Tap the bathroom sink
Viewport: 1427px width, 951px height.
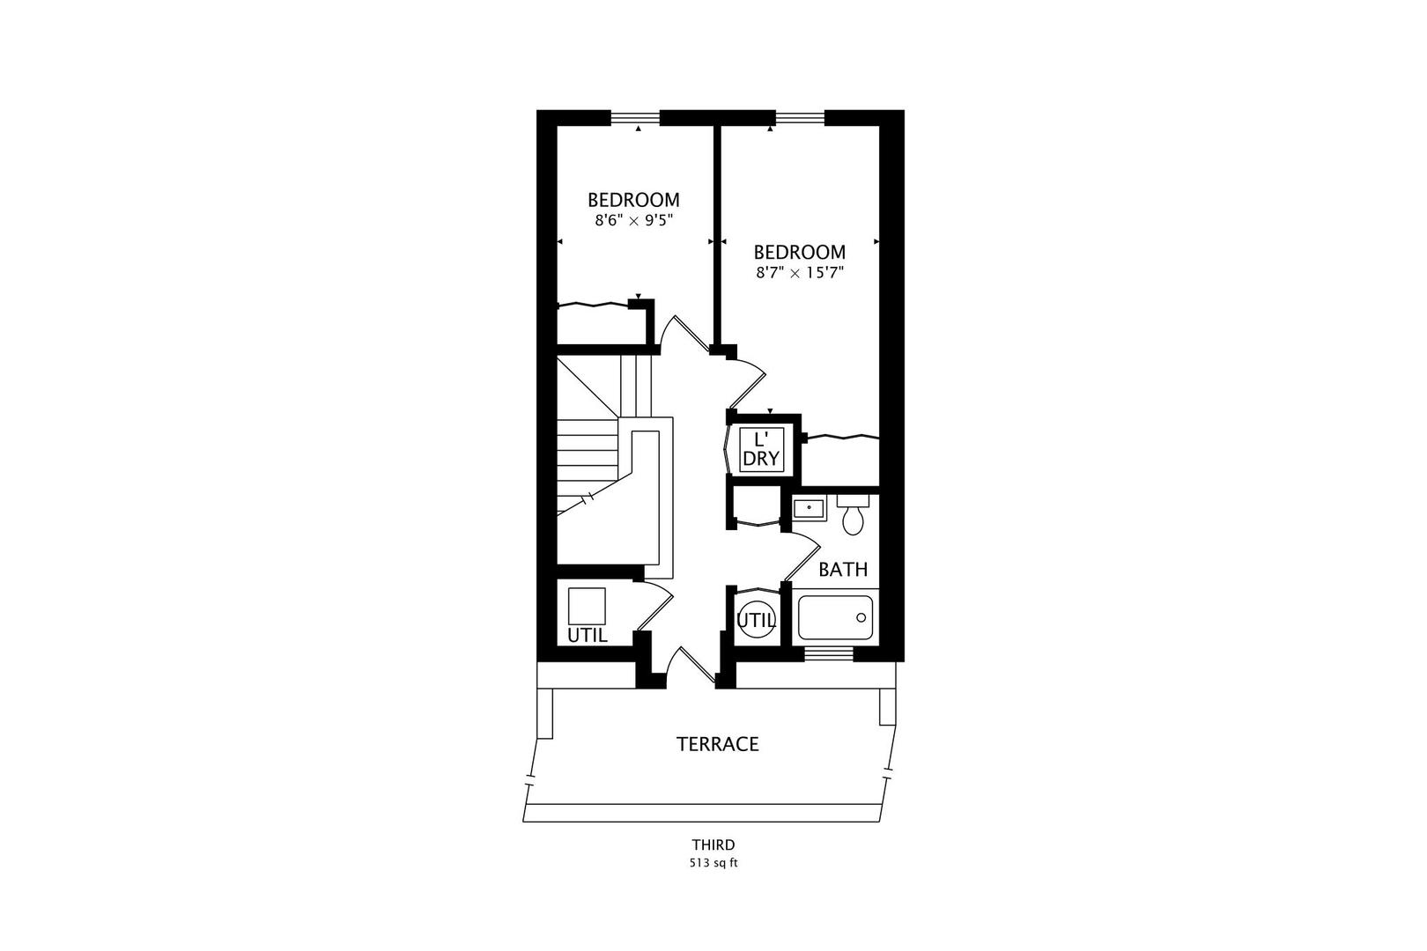pos(809,508)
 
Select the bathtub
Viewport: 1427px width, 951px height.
pos(835,618)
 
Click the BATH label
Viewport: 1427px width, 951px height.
pos(843,570)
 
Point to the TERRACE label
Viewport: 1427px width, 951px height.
pos(717,744)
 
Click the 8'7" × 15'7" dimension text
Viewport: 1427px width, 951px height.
pos(800,273)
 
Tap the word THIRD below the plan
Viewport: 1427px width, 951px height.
pos(713,845)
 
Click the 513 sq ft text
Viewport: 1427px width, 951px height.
pos(713,863)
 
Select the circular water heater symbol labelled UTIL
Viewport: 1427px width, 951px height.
pos(756,620)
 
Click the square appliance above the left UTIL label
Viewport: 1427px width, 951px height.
pos(586,606)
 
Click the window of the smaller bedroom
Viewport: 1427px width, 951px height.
pos(635,117)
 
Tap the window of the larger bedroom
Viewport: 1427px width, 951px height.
pos(800,117)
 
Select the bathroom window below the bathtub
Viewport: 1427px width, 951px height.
pos(829,653)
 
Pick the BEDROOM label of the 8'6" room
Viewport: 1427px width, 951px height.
pos(633,200)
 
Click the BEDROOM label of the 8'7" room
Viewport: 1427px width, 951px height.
pos(800,253)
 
